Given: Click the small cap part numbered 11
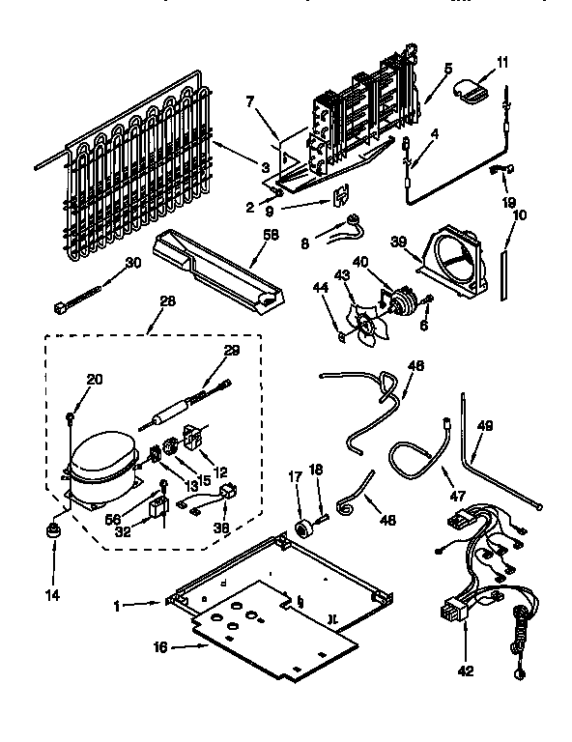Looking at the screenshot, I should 471,92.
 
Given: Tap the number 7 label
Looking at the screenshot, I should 249,100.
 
